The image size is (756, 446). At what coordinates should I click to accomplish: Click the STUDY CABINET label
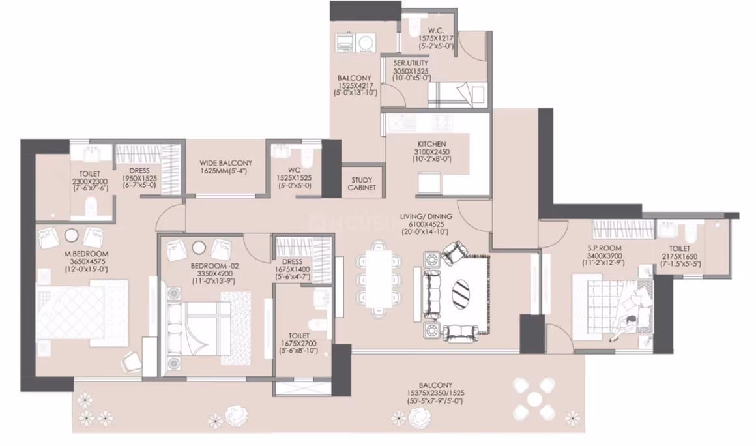click(362, 184)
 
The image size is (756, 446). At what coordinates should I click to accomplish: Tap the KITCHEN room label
click(432, 144)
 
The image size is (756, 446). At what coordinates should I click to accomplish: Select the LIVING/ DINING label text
click(426, 216)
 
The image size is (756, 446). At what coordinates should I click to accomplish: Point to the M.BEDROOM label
click(86, 254)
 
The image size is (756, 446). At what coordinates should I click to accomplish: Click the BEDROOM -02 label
click(214, 265)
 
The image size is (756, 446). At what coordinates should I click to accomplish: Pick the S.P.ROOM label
click(604, 248)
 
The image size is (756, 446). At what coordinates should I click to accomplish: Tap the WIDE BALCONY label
click(225, 163)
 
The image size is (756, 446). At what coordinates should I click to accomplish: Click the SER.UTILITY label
click(411, 63)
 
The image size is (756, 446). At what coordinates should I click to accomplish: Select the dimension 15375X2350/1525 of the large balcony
click(435, 393)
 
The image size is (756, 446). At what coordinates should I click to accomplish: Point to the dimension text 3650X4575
click(86, 262)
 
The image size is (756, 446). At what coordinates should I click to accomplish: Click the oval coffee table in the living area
click(461, 291)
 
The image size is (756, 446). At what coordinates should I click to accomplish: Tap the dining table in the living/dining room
click(379, 278)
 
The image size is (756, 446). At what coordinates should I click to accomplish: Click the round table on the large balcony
click(534, 399)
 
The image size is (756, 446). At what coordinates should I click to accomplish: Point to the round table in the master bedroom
click(71, 236)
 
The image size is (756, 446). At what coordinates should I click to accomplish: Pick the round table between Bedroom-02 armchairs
click(199, 247)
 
